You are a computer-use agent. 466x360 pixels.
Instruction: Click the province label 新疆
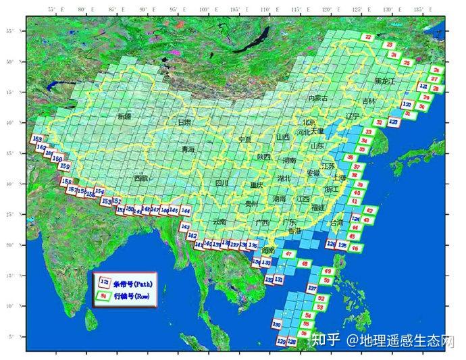pos(125,117)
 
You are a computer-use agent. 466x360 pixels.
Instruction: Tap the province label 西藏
pos(140,178)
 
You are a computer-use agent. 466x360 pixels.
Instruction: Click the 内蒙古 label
pos(317,99)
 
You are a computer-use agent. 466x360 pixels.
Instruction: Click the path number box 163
pos(37,138)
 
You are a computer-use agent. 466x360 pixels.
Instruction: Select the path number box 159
pos(65,166)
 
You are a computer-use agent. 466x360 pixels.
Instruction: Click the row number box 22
pos(368,37)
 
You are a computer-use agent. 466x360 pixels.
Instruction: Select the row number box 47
pos(288,254)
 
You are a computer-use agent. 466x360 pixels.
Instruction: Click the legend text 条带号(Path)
pos(132,284)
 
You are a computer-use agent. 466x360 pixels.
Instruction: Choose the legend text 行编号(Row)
pos(132,297)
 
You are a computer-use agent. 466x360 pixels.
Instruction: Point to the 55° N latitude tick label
pos(10,31)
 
